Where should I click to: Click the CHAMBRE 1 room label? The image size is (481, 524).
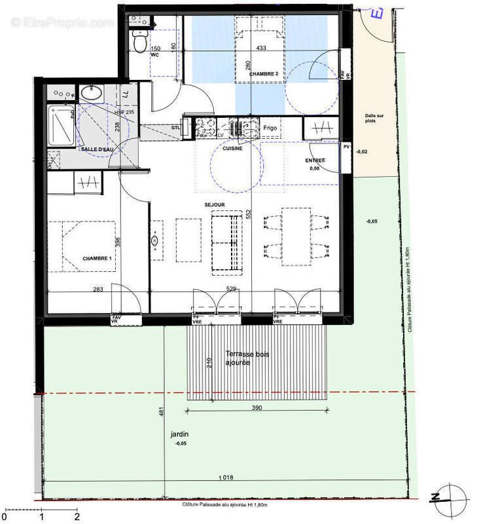(x=98, y=258)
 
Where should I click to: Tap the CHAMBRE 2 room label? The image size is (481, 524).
(x=263, y=75)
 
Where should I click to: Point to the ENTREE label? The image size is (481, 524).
(x=315, y=160)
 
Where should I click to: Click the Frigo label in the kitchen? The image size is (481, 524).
(x=271, y=127)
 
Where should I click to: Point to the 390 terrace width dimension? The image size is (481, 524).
(x=256, y=407)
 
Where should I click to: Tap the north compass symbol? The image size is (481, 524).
(x=451, y=496)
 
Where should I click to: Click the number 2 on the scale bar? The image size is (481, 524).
(x=77, y=516)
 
